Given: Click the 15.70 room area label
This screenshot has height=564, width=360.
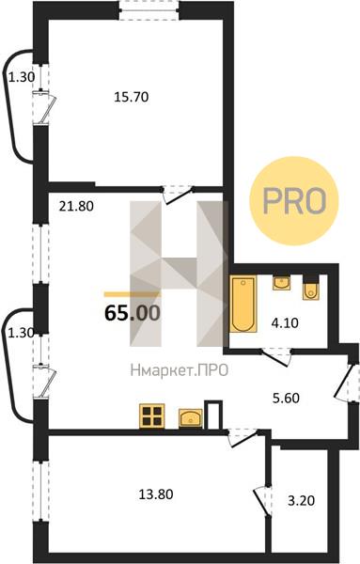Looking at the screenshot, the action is tap(132, 97).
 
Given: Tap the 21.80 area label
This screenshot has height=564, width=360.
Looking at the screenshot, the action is tap(76, 206).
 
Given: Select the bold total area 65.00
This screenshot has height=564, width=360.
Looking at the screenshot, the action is tap(132, 313).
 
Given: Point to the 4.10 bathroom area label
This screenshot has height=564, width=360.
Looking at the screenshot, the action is tap(285, 323).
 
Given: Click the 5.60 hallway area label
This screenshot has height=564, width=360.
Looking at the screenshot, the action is tap(286, 399).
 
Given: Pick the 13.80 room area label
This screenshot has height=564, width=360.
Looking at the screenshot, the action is tap(156, 494).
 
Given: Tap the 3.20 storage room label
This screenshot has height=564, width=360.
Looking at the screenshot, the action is tap(302, 500).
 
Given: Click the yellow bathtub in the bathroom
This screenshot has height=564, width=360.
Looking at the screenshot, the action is tap(243, 304).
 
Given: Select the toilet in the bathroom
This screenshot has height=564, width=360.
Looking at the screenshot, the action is tap(310, 288).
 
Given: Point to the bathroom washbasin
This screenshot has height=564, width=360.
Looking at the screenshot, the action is tap(282, 283).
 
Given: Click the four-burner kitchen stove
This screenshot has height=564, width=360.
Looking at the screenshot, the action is tap(151, 415).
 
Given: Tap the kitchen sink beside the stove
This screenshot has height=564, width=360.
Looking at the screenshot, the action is tap(191, 418).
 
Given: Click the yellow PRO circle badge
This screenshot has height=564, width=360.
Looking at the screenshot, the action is tap(294, 201).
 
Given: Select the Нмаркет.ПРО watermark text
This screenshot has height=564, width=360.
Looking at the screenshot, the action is tap(180, 370).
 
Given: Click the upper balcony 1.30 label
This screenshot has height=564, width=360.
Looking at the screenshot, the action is tap(22, 77).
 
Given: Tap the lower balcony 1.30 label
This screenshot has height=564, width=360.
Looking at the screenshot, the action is tap(22, 333).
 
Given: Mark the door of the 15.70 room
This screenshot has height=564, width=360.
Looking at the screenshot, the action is tap(178, 195).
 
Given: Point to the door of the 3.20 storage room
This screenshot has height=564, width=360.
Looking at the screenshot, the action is tap(263, 502).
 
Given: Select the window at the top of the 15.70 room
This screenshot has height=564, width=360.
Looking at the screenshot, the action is tap(149, 10).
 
